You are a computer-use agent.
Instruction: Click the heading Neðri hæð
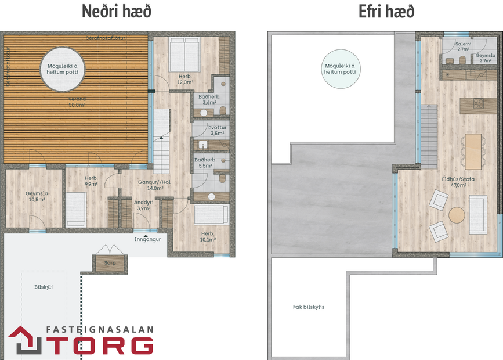pyautogui.click(x=117, y=11)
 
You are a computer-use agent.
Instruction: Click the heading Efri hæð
pyautogui.click(x=387, y=11)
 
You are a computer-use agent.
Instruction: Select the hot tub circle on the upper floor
pyautogui.click(x=340, y=69)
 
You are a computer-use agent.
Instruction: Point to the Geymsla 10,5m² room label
pyautogui.click(x=35, y=197)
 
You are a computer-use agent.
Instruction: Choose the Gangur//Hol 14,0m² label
pyautogui.click(x=154, y=185)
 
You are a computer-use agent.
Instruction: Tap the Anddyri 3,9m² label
pyautogui.click(x=144, y=205)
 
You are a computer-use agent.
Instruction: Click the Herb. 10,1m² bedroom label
pyautogui.click(x=208, y=236)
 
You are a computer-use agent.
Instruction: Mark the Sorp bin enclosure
pyautogui.click(x=110, y=262)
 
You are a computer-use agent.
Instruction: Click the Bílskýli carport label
pyautogui.click(x=43, y=286)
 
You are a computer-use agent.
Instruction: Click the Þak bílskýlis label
pyautogui.click(x=309, y=307)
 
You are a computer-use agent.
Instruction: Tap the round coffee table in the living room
pyautogui.click(x=458, y=215)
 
